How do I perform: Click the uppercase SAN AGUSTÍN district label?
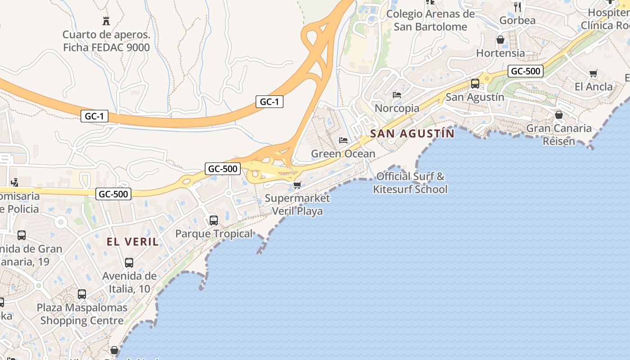point(412,133)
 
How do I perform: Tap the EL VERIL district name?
point(133,242)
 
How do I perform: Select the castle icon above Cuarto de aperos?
point(106,21)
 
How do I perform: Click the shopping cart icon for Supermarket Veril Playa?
point(297,185)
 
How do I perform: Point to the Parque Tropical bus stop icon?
point(214,220)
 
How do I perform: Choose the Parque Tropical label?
point(214,234)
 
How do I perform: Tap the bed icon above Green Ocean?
point(343,140)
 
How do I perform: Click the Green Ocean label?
point(343,154)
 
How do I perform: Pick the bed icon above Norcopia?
point(397,94)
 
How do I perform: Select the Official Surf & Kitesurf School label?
point(410,183)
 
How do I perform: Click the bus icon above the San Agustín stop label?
point(475,84)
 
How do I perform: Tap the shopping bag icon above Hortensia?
point(500,40)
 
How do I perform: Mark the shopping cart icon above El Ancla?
point(593,73)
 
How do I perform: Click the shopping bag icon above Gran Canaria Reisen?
point(559,115)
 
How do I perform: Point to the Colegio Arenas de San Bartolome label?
point(430,20)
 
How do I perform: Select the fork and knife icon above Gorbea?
point(517,7)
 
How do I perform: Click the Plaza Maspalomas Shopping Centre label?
point(82,314)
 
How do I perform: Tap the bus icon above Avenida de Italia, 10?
point(129,263)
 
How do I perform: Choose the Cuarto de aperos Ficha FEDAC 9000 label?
point(106,41)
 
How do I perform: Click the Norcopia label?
point(397,108)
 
